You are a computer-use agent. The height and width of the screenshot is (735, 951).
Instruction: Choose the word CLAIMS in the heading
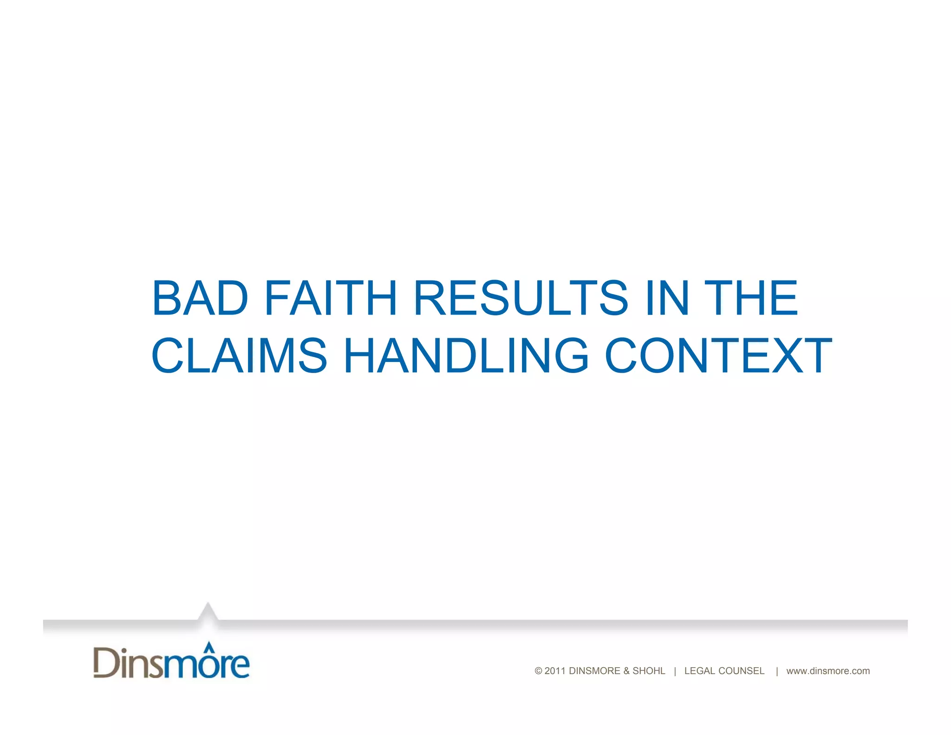240,355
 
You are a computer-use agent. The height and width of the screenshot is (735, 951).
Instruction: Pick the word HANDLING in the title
466,355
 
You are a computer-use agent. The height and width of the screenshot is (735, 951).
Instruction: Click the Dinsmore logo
171,662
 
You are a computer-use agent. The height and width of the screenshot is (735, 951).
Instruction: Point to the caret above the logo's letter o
209,646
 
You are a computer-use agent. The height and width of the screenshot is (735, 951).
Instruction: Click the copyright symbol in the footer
539,671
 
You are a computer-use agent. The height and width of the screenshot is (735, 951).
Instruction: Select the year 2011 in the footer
555,671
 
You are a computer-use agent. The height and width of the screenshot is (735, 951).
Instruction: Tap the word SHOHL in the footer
649,671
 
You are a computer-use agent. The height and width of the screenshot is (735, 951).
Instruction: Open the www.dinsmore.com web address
828,671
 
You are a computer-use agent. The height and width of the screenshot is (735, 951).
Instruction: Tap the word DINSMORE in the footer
594,671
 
